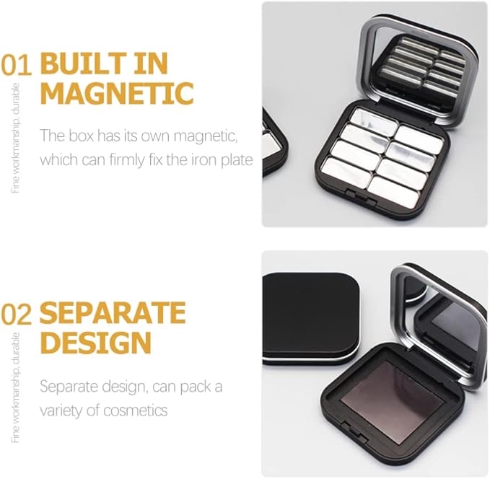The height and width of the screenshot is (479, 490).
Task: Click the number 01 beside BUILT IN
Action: pos(16,65)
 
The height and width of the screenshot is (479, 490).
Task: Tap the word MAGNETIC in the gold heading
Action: pos(117,93)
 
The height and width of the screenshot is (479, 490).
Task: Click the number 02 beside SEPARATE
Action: pos(16,314)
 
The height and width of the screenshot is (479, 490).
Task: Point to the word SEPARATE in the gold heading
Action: pos(113,313)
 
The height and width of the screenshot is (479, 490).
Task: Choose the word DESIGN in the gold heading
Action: pos(96,342)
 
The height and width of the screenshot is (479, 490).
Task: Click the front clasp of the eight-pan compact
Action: pos(362,197)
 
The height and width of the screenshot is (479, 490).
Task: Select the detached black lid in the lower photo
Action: pos(310,318)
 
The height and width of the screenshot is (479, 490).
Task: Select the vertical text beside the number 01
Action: pos(16,138)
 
